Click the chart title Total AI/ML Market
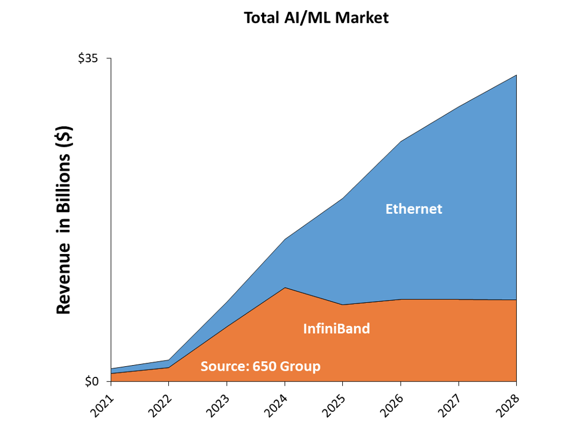coord(316,17)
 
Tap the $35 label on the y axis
coord(88,58)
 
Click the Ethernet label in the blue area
coord(414,209)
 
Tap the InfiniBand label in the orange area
coord(336,329)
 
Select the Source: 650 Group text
coord(260,367)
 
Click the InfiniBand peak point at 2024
coord(285,288)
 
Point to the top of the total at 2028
coord(516,75)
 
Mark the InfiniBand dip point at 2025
coord(343,305)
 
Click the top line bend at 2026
coord(401,141)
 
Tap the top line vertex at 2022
coord(169,360)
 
